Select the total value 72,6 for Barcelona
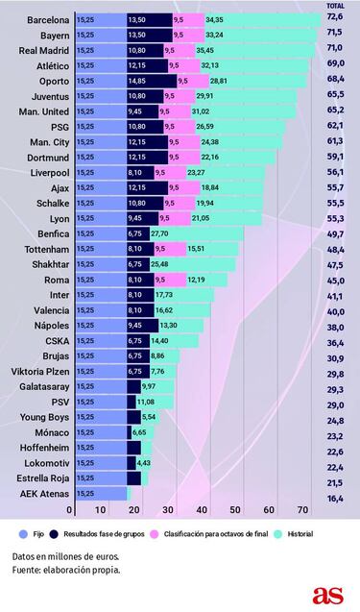336,19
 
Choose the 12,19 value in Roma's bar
195,280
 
